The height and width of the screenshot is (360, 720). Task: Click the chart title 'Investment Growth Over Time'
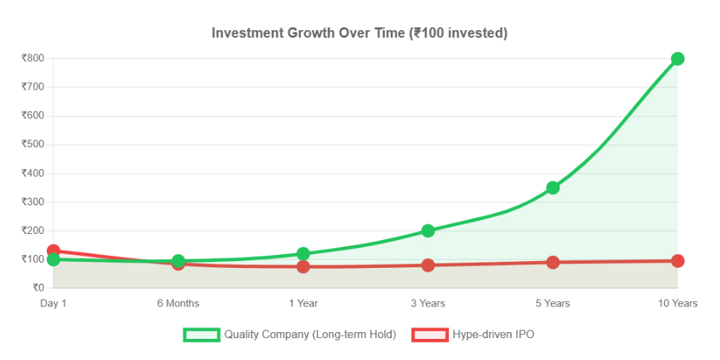point(359,33)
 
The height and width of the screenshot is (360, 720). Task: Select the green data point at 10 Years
point(677,59)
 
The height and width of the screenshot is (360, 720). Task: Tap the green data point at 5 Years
point(552,187)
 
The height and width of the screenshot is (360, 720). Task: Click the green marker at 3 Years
point(428,230)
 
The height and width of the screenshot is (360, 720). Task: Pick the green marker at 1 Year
point(303,254)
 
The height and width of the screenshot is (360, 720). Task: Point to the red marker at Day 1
point(53,251)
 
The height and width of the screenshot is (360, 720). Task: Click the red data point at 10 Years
point(677,260)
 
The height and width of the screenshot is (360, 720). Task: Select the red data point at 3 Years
point(428,265)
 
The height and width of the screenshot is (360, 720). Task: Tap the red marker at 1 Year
point(303,266)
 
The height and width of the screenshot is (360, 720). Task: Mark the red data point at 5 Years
point(552,262)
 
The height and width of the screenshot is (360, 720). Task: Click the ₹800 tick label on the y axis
point(32,58)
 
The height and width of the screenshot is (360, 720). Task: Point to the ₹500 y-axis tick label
point(32,144)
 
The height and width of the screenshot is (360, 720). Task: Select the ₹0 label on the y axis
point(37,288)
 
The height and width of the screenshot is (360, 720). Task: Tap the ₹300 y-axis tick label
point(32,202)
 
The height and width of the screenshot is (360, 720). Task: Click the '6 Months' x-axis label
point(178,303)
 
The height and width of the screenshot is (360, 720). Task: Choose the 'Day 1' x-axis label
point(53,303)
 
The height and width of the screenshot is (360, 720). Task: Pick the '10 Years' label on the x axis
point(677,303)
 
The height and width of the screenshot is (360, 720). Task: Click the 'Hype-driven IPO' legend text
point(493,334)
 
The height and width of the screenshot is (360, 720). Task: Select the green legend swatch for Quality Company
point(202,334)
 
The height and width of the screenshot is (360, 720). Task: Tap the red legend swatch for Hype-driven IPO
point(429,334)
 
